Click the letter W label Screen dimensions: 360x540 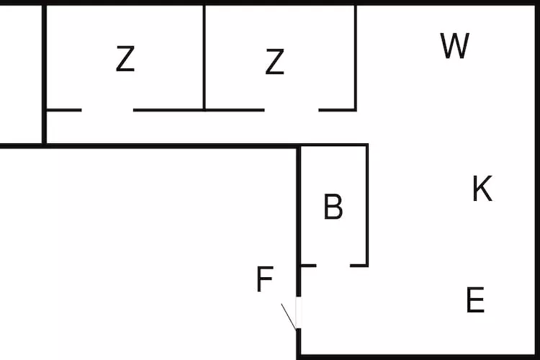(455, 46)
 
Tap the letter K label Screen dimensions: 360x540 (482, 189)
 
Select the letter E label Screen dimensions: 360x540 (475, 300)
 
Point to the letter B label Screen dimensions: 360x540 (333, 207)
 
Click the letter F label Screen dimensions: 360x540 (265, 279)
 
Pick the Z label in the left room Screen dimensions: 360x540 (125, 59)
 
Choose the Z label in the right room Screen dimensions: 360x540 (274, 62)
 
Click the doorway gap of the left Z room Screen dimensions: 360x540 (107, 110)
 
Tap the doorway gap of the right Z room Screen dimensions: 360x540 (292, 110)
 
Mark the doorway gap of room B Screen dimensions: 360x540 (333, 266)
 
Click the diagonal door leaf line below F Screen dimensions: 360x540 (288, 315)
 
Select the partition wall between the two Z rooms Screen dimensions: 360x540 (204, 58)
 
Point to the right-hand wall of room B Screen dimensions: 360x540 (367, 205)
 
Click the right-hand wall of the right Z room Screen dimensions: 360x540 (356, 58)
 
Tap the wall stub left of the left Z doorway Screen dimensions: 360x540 (64, 110)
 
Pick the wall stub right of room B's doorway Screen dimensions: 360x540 (359, 266)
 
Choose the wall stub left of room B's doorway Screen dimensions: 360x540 (308, 266)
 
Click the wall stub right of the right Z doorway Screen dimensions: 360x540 (338, 110)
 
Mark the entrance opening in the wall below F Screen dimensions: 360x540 (299, 313)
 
